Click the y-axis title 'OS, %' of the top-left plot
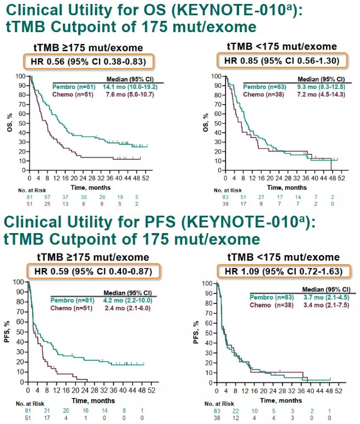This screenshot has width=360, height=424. click(7, 120)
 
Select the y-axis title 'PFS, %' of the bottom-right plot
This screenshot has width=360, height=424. click(196, 334)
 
